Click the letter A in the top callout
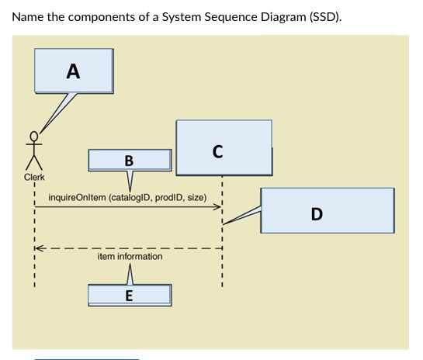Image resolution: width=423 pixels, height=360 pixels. (72, 71)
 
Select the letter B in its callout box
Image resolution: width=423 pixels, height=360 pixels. (129, 161)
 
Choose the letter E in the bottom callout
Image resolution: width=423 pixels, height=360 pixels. (129, 295)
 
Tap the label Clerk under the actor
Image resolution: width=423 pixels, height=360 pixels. (34, 178)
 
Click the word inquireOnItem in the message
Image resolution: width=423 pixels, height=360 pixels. (77, 198)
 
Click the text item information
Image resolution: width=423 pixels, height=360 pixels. (130, 256)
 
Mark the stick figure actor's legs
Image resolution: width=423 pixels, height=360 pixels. (33, 162)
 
